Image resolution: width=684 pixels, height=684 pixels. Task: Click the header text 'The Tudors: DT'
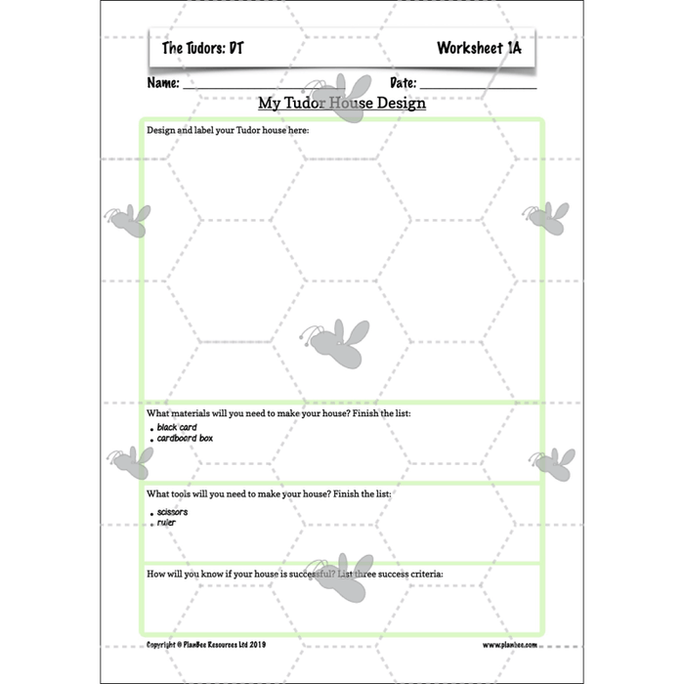click(203, 48)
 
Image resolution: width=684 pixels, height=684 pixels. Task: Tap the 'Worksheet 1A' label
click(479, 48)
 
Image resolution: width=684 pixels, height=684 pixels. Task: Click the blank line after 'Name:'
click(264, 88)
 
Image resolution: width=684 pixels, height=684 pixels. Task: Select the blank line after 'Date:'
click(478, 88)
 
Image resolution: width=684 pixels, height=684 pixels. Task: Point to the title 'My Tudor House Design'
click(342, 103)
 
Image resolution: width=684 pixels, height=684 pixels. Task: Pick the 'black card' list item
click(177, 427)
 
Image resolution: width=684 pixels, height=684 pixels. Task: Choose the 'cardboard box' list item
click(185, 438)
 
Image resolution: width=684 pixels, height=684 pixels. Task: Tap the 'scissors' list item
click(172, 512)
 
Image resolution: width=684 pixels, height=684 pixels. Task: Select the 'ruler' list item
click(166, 522)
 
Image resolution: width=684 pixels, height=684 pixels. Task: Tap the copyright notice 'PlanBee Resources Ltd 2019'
click(224, 644)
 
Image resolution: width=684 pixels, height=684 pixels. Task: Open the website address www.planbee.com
click(509, 645)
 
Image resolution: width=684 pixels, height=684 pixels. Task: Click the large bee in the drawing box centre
click(335, 343)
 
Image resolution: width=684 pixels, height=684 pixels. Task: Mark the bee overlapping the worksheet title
click(338, 98)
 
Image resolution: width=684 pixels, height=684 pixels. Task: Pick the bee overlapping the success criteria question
click(340, 578)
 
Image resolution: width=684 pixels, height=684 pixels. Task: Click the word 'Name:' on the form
click(163, 82)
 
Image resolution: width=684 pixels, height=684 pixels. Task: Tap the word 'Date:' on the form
click(403, 82)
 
